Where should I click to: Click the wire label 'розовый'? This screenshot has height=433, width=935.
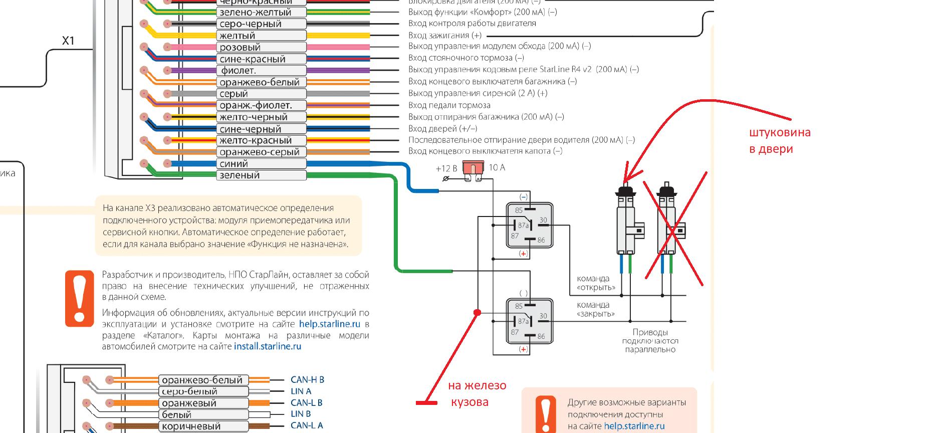pyautogui.click(x=261, y=47)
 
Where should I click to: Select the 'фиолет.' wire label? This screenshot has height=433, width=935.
pyautogui.click(x=261, y=71)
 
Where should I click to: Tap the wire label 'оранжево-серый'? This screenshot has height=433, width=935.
pyautogui.click(x=261, y=152)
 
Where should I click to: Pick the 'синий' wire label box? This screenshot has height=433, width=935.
pyautogui.click(x=261, y=163)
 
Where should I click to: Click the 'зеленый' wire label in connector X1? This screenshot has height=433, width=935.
pyautogui.click(x=261, y=175)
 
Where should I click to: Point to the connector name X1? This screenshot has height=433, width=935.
pyautogui.click(x=68, y=41)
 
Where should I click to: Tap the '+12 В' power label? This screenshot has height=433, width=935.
pyautogui.click(x=446, y=168)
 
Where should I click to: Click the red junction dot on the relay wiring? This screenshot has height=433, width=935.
pyautogui.click(x=477, y=312)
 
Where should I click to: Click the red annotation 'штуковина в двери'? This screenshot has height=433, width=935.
pyautogui.click(x=779, y=141)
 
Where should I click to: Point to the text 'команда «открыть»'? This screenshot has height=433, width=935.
pyautogui.click(x=596, y=283)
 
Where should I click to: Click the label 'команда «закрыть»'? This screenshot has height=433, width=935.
pyautogui.click(x=595, y=309)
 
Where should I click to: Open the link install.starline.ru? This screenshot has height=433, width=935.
pyautogui.click(x=268, y=346)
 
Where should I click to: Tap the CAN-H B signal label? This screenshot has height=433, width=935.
pyautogui.click(x=307, y=380)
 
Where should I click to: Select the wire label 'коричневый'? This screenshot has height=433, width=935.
pyautogui.click(x=203, y=426)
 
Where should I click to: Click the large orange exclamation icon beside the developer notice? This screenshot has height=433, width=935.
pyautogui.click(x=79, y=298)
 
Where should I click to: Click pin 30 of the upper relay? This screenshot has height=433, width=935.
pyautogui.click(x=543, y=220)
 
